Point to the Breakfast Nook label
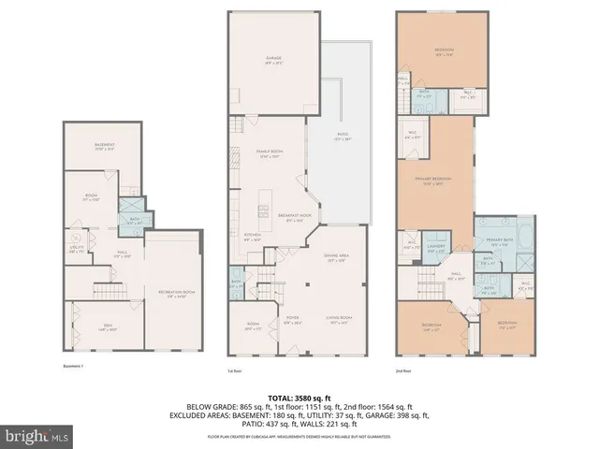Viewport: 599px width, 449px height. (x=294, y=218)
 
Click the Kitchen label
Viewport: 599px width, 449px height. (x=252, y=236)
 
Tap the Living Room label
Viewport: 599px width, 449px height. (x=339, y=319)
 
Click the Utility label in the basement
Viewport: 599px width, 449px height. (x=74, y=248)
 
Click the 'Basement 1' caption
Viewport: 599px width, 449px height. (x=74, y=366)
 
